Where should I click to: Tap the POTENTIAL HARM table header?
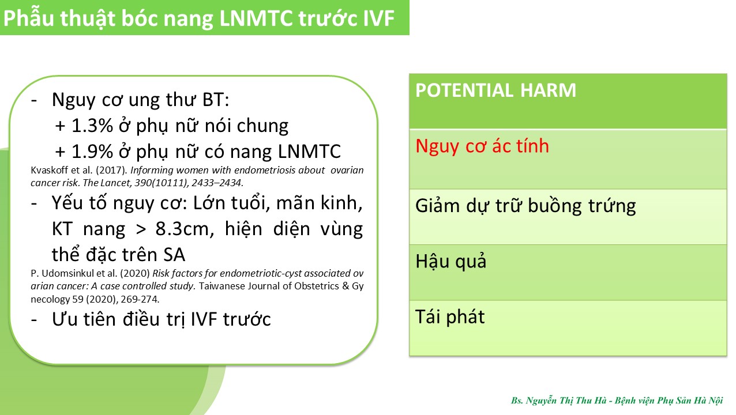(495, 90)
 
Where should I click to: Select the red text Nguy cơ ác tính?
(482, 146)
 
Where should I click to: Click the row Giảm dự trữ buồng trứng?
(525, 206)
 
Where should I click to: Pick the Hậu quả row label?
(451, 261)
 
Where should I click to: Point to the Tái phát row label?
(450, 317)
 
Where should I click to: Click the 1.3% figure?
(92, 126)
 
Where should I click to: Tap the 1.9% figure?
(92, 152)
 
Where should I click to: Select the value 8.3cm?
(185, 228)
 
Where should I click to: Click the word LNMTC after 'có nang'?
(309, 152)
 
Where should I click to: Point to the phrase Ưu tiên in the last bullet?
(84, 319)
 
